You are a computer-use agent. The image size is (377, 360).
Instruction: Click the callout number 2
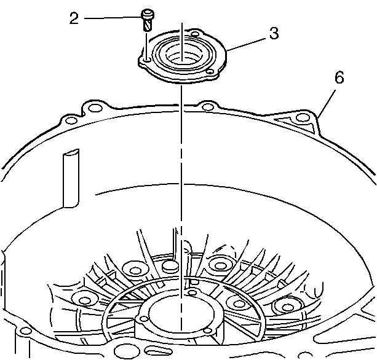click(74, 18)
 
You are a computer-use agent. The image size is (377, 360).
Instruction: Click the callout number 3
click(274, 33)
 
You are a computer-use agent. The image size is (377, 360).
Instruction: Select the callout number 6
click(339, 77)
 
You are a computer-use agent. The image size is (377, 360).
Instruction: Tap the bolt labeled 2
click(147, 20)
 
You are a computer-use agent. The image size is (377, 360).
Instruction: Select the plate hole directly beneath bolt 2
click(146, 60)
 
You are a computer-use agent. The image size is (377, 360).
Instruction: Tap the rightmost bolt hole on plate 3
click(210, 72)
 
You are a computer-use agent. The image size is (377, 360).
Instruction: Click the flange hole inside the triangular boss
click(302, 118)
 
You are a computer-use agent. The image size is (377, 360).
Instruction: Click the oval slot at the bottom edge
click(159, 350)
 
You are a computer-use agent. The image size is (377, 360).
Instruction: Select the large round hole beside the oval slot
click(124, 351)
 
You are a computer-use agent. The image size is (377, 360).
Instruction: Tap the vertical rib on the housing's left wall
click(71, 178)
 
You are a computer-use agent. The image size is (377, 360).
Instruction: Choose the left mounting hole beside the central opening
click(145, 319)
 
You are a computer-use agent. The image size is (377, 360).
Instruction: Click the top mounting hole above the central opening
click(192, 293)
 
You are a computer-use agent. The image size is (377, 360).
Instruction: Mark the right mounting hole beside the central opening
click(207, 331)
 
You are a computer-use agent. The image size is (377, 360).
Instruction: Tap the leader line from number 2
click(113, 18)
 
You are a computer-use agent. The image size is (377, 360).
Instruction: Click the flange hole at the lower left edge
click(25, 332)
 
